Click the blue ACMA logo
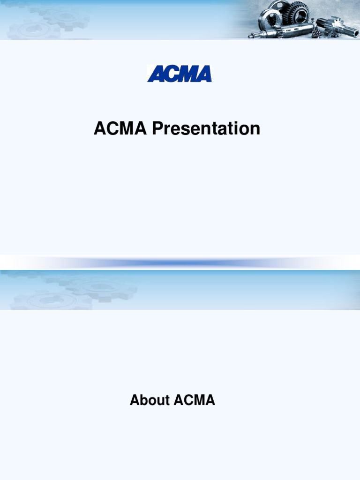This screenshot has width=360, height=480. tap(180, 74)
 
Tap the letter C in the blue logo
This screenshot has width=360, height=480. tap(172, 74)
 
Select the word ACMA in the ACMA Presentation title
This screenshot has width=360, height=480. tap(120, 128)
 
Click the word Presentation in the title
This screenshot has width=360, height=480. tap(206, 128)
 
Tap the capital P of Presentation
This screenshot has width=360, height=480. tap(157, 128)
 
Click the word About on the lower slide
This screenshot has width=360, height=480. tap(150, 400)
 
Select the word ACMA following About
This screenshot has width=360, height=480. tap(195, 400)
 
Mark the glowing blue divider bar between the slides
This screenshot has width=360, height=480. tap(180, 263)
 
